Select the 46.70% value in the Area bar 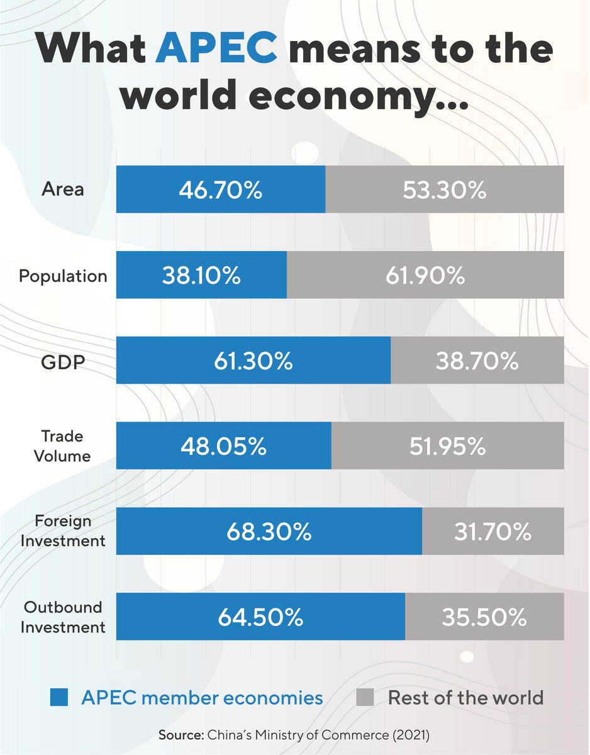click(x=220, y=189)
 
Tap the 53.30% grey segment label click(x=444, y=189)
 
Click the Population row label click(x=63, y=276)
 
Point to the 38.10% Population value click(x=201, y=276)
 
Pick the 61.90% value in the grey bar click(x=425, y=276)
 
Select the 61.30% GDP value click(x=253, y=361)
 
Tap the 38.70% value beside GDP click(x=477, y=361)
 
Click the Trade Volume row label click(x=62, y=446)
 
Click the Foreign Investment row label click(x=63, y=532)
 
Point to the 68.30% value click(x=269, y=532)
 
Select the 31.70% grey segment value click(x=493, y=532)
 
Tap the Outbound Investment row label click(x=63, y=617)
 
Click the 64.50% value click(x=260, y=618)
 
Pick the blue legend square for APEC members click(x=58, y=698)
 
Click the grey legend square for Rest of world click(x=365, y=698)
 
